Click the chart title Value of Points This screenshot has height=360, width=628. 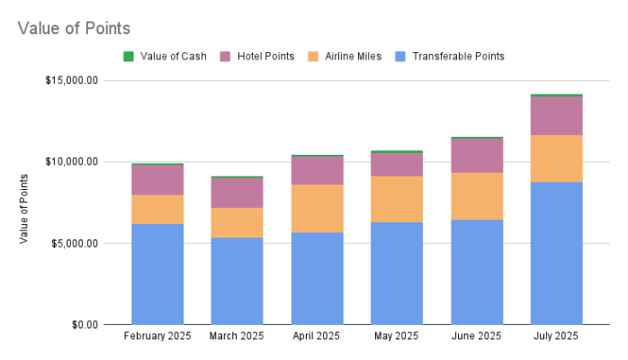74,29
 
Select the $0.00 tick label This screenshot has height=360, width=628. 86,324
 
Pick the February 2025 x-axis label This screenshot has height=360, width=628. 157,337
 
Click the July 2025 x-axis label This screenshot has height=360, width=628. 556,337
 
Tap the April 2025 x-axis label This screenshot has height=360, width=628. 317,337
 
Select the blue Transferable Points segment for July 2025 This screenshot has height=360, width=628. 556,253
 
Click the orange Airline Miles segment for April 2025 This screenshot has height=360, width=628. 317,208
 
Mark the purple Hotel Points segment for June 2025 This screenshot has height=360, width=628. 477,155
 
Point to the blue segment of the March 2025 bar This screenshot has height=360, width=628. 237,281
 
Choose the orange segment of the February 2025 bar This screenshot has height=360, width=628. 157,209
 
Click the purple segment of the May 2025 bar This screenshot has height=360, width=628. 397,164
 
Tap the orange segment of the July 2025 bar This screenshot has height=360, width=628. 556,158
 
